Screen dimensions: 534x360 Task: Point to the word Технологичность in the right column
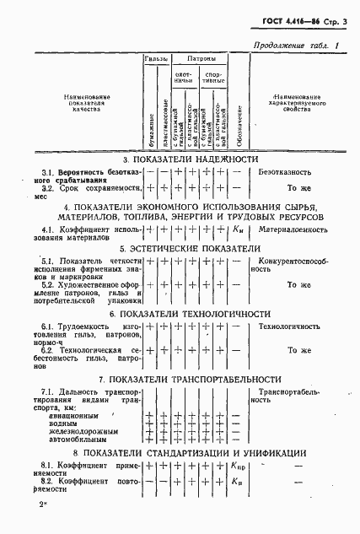289,326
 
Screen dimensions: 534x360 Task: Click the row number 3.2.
48,187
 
